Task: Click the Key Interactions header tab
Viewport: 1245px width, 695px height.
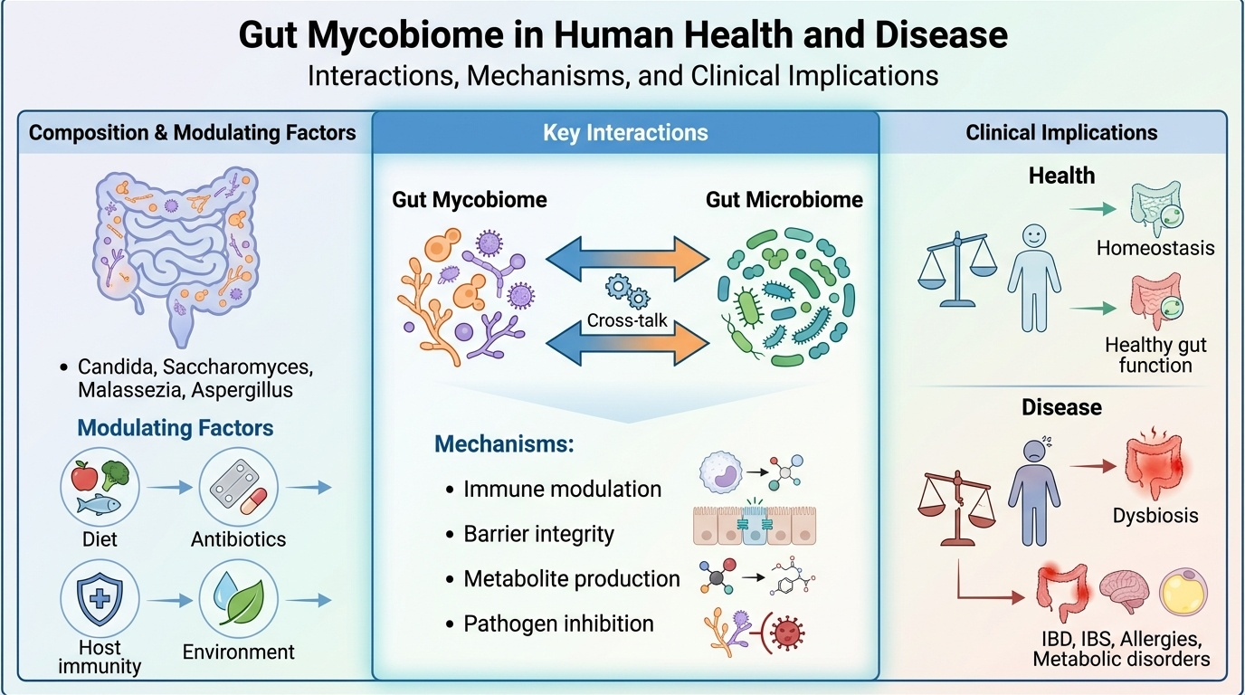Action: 625,133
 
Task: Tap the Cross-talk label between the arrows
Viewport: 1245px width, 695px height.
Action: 627,319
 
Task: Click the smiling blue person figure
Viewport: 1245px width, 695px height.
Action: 1033,277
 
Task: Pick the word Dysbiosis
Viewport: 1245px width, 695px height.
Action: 1155,515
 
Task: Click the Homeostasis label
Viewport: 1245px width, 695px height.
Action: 1155,247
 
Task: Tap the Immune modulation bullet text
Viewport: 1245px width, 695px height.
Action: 562,490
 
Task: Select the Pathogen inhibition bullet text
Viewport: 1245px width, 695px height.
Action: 558,624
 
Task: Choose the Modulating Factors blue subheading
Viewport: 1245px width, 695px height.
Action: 176,427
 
